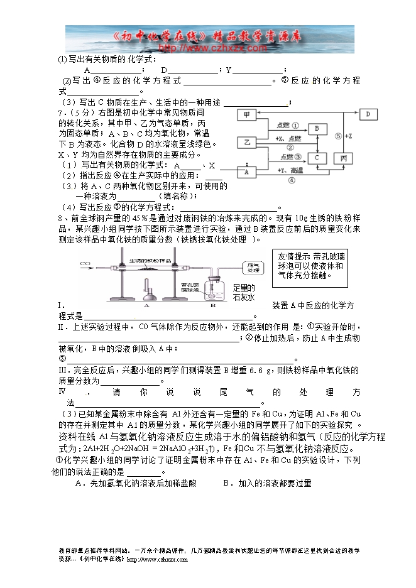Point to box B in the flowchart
coord(318,128)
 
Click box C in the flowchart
coord(318,157)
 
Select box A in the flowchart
coord(247,171)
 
